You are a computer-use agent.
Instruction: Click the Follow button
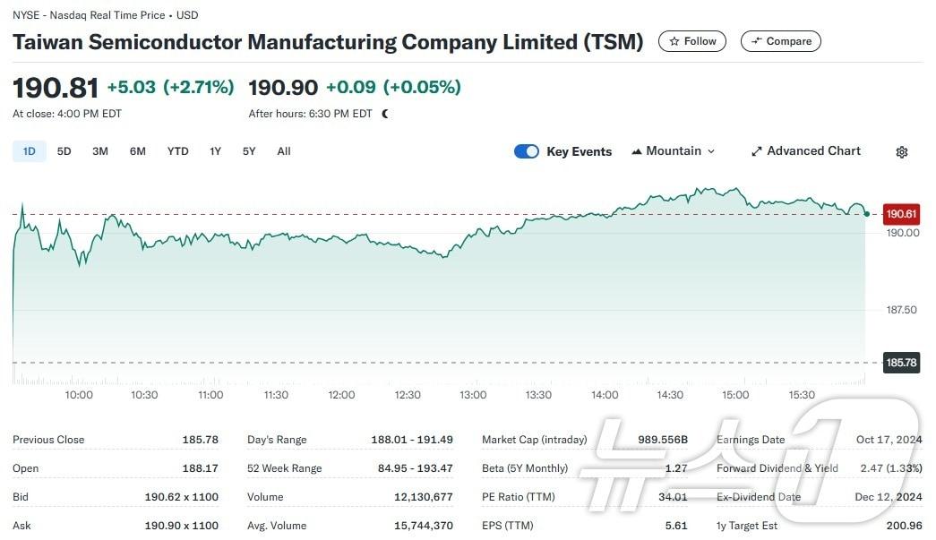[692, 41]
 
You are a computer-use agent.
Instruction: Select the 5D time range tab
[64, 151]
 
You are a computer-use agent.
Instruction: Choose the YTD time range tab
[177, 151]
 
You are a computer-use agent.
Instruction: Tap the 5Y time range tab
[249, 151]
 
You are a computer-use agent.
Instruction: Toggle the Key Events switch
[527, 151]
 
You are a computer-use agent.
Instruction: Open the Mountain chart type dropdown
[674, 151]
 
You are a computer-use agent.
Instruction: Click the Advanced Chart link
[805, 151]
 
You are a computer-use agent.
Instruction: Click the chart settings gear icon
[902, 152]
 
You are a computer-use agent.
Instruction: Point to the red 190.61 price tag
[901, 214]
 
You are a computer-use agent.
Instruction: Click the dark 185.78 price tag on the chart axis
[901, 363]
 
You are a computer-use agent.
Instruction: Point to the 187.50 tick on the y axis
[901, 310]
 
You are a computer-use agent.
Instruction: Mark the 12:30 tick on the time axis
[408, 395]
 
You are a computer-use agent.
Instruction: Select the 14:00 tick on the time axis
[605, 395]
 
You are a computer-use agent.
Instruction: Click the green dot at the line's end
[866, 213]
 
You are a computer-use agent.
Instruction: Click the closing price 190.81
[56, 88]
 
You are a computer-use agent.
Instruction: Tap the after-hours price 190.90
[283, 88]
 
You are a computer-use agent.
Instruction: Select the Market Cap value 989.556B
[662, 440]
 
